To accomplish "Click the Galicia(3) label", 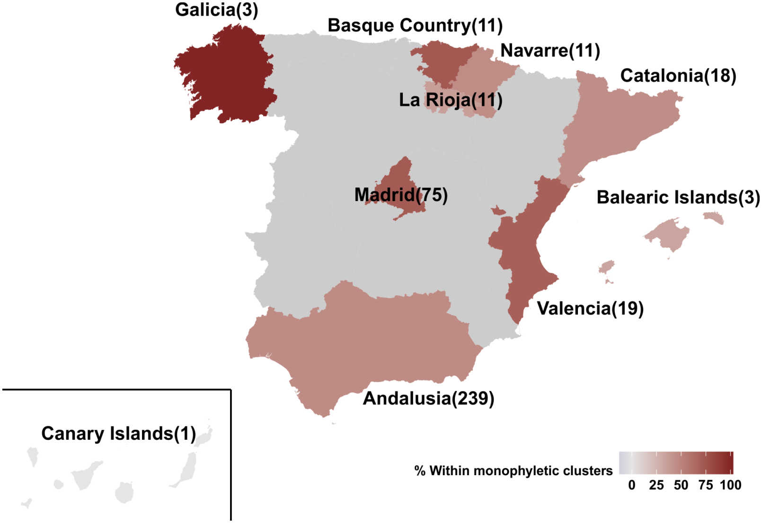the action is click(216, 10).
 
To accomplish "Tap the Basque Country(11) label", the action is click(415, 26).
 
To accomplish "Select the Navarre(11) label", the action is click(550, 50).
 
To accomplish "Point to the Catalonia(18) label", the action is click(678, 76).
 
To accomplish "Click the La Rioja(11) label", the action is click(451, 100).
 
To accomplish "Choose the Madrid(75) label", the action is click(401, 195).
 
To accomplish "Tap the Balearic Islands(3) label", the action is click(678, 197).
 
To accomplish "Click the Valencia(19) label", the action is click(590, 309).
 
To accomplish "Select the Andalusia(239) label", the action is click(428, 399).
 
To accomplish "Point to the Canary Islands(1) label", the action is click(118, 434).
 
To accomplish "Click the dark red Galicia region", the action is click(227, 76).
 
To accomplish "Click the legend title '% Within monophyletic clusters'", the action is click(513, 471).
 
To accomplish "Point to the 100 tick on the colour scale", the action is click(730, 485).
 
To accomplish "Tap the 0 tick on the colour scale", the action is click(632, 485).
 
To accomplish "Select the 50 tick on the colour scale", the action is click(681, 485).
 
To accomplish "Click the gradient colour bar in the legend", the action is click(676, 463).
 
